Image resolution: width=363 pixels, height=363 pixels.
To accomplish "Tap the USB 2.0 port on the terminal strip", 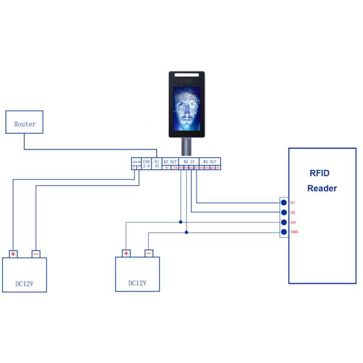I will [x=146, y=163].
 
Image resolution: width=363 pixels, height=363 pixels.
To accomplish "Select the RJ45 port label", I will [x=157, y=163].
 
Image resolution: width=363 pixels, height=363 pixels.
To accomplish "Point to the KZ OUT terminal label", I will [x=171, y=162].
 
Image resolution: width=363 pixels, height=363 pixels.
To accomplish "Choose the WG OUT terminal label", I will [x=210, y=162].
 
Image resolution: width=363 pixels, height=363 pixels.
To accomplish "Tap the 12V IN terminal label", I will [x=136, y=162].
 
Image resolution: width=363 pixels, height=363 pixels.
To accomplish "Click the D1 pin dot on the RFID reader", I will [x=283, y=203].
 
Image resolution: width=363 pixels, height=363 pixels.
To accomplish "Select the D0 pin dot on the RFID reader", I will [x=283, y=212].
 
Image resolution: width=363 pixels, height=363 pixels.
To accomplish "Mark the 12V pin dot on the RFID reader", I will [x=283, y=223].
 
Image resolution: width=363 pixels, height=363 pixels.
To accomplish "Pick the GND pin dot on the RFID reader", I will [x=283, y=232].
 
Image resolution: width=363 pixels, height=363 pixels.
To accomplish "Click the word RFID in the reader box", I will [x=321, y=173].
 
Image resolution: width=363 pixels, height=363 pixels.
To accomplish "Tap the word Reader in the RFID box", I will [x=322, y=188].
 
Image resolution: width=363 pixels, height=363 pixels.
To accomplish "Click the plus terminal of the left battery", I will [x=13, y=254].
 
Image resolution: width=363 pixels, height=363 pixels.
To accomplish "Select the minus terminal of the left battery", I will [x=36, y=254].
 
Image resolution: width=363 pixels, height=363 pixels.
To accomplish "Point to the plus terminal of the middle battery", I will [x=126, y=253].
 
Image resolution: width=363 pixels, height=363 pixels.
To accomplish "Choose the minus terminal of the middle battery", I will [x=149, y=253].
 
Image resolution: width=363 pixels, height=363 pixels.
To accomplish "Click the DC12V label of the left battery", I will [x=24, y=283].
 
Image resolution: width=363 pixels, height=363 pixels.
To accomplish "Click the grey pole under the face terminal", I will [x=187, y=147].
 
